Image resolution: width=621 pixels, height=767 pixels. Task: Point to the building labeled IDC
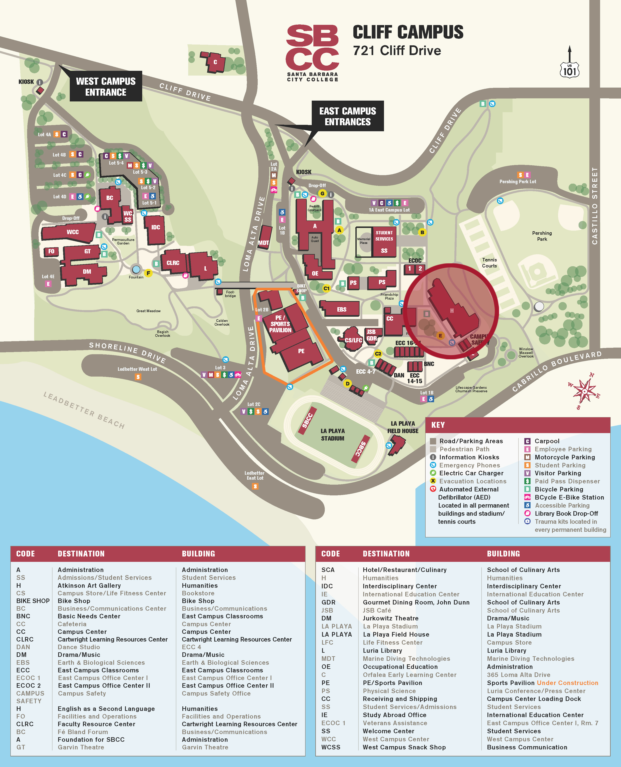coord(155,228)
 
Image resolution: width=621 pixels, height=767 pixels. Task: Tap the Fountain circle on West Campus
coord(136,269)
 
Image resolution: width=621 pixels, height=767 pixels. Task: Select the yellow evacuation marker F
coord(148,273)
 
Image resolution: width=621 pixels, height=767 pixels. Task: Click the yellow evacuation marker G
coord(322,194)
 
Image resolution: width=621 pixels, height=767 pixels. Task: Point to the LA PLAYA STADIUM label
coord(332,434)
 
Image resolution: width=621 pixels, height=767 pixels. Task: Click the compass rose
coord(584,391)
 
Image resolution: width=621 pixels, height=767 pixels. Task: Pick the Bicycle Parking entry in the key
coord(558,489)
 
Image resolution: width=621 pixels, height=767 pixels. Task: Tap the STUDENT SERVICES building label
coord(384,236)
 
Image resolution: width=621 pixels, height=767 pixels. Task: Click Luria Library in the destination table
coord(382,650)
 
